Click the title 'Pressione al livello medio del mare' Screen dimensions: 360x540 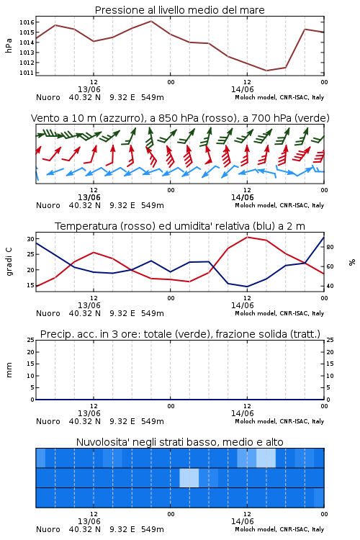tap(179, 10)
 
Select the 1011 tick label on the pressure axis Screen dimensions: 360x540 tap(27, 73)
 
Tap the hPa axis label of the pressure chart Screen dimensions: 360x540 tap(9, 46)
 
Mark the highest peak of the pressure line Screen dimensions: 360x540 tap(151, 21)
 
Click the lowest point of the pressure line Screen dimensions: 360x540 tap(266, 71)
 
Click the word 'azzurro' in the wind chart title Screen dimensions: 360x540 tap(120, 118)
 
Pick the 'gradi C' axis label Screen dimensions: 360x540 tap(9, 262)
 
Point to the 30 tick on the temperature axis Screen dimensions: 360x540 tap(31, 239)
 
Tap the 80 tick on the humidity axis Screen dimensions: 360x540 tap(330, 247)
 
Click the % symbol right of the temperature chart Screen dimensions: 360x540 tap(352, 262)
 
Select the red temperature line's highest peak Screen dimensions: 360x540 tap(247, 237)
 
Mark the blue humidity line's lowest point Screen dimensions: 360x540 tap(247, 287)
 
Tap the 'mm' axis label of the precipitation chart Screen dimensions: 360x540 tap(9, 370)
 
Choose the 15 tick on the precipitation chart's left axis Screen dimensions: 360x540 tap(31, 364)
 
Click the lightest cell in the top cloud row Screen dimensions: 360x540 tap(266, 458)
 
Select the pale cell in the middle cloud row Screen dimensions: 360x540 tap(189, 478)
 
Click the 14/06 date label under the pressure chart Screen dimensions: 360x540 tap(242, 89)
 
